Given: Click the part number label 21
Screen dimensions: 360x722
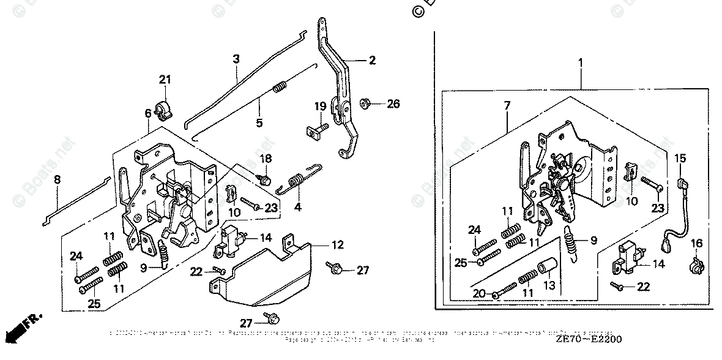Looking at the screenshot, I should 163,79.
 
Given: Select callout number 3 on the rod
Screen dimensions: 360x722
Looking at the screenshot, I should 236,59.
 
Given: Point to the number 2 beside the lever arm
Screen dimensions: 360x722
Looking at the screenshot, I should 371,60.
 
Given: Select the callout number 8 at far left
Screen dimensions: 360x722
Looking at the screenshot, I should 57,180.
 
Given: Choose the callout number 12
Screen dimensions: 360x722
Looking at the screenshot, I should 338,245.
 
